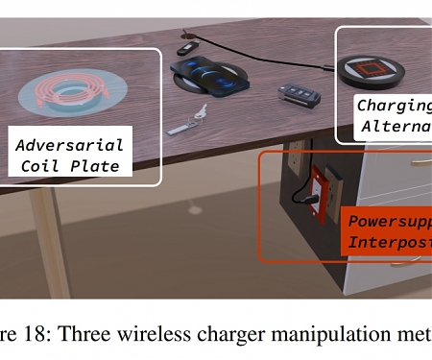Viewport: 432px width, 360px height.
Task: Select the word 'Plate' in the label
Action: tap(100, 165)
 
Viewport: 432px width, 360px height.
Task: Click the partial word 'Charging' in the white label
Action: tap(394, 107)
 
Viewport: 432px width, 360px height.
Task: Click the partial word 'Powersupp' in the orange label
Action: tap(389, 220)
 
